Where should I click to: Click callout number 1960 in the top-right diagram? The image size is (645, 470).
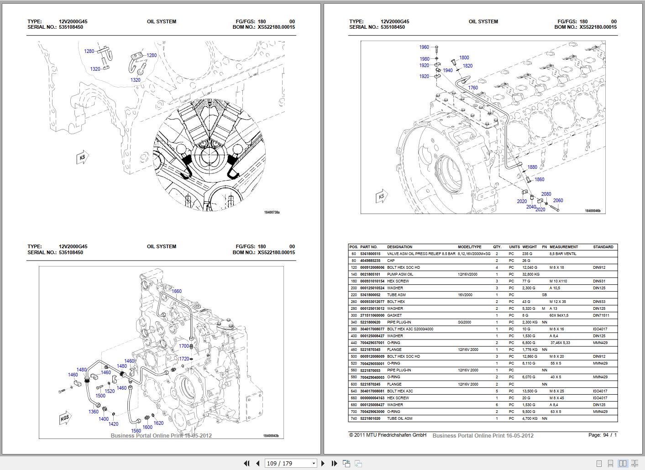pos(424,47)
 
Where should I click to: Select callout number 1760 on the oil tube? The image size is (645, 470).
pos(472,88)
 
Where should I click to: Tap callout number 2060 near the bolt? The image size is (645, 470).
pos(558,200)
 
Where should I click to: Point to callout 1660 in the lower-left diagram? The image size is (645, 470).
pos(176,291)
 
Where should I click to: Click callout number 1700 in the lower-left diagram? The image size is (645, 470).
pos(184,346)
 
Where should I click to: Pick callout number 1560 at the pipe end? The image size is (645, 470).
pos(136,431)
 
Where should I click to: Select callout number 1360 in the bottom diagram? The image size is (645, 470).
pos(93,412)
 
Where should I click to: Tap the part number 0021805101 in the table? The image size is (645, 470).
pos(370,274)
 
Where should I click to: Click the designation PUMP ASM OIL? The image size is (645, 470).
pos(400,274)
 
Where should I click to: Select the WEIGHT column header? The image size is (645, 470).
pos(530,247)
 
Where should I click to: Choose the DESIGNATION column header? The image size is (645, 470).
pos(399,247)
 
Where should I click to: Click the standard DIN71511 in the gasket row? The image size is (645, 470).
pos(601,315)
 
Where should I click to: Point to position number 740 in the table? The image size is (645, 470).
pos(354,418)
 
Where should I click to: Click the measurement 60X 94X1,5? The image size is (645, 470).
pos(560,315)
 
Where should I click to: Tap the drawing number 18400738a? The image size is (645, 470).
pos(272,212)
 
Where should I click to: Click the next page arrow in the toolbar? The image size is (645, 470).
pos(323,464)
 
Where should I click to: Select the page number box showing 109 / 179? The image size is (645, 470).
pos(290,464)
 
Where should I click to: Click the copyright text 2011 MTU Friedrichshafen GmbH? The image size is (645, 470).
pos(388,435)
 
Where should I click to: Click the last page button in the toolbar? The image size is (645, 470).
pos(334,464)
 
